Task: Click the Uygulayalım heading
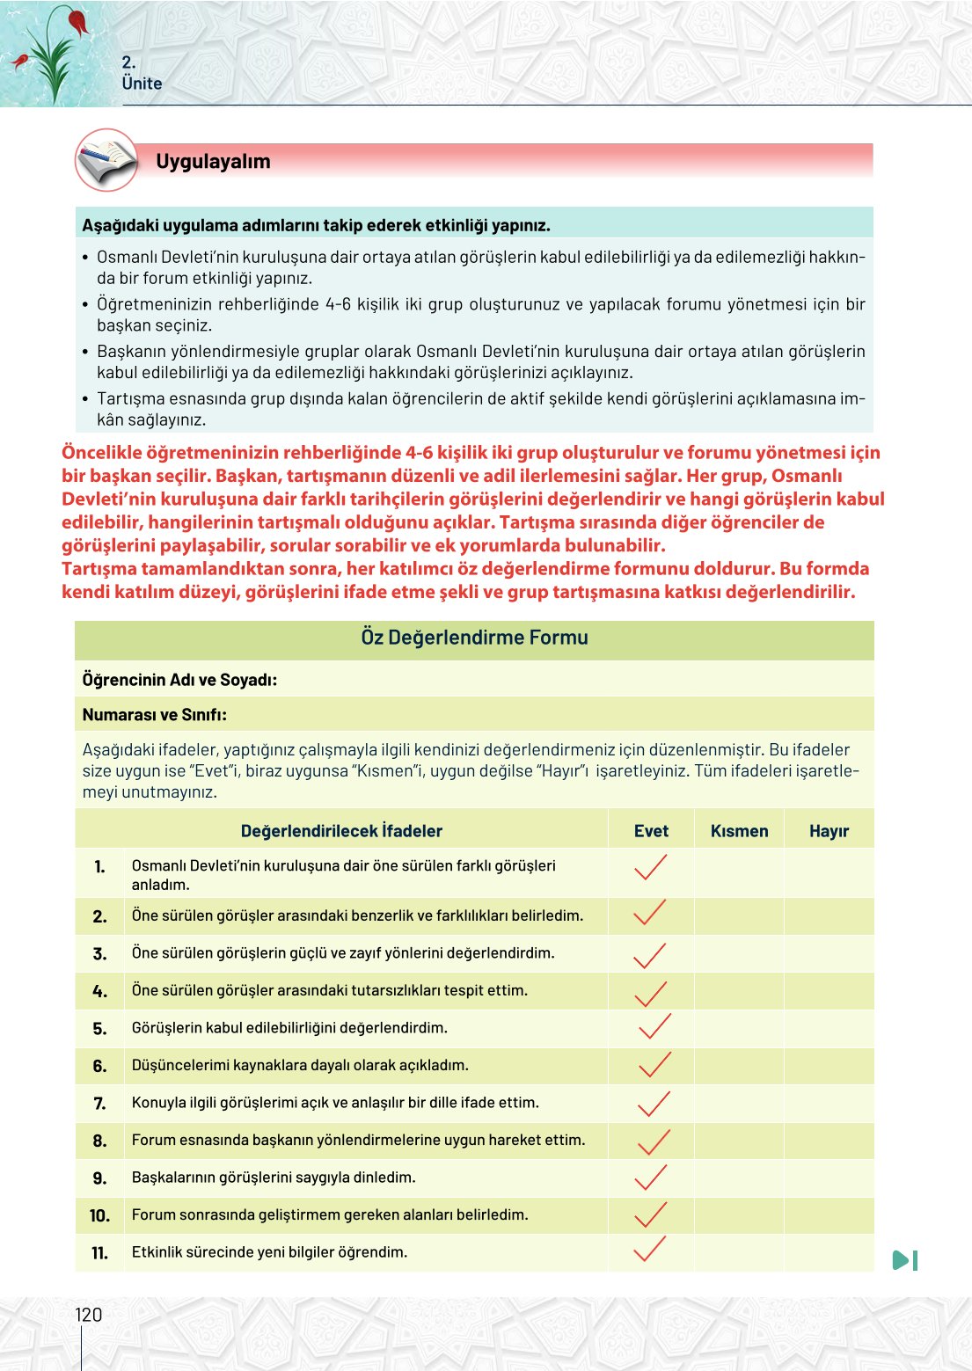(213, 162)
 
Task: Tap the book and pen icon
(106, 160)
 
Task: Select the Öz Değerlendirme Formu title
(474, 638)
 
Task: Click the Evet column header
(651, 831)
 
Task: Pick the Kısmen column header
(739, 831)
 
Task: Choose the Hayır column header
(829, 831)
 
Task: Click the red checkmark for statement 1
(650, 867)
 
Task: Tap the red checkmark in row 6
(654, 1065)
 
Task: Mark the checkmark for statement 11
(649, 1249)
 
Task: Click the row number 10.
(99, 1215)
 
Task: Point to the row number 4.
(100, 991)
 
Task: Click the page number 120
(88, 1315)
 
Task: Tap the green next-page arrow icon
(905, 1260)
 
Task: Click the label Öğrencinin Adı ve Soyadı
(179, 680)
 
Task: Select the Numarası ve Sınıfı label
(154, 715)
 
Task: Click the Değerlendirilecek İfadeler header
(341, 831)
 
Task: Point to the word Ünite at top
(142, 84)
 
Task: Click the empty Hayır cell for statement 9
(829, 1178)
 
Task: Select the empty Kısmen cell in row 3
(739, 953)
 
